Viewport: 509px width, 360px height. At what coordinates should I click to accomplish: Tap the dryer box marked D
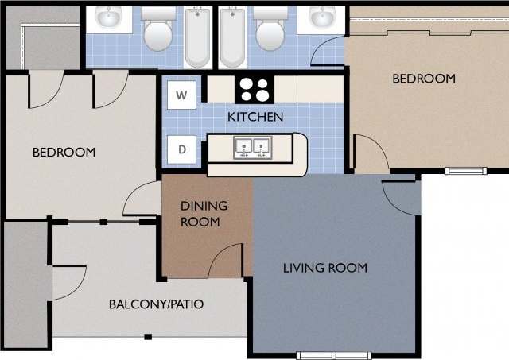point(181,149)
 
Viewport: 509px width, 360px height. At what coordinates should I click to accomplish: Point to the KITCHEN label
point(255,117)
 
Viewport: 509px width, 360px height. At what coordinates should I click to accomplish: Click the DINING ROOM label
point(204,214)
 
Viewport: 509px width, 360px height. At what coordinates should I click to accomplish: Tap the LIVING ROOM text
point(325,268)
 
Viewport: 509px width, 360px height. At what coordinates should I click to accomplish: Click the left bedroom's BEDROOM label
point(64,152)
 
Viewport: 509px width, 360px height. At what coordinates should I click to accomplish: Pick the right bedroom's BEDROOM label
point(424,79)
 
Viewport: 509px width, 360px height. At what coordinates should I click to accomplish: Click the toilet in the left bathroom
point(157,31)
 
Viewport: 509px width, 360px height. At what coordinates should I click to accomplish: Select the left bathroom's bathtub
point(196,37)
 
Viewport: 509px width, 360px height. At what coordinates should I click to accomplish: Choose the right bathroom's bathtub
point(232,37)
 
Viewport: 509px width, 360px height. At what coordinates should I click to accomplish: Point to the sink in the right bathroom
point(322,17)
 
